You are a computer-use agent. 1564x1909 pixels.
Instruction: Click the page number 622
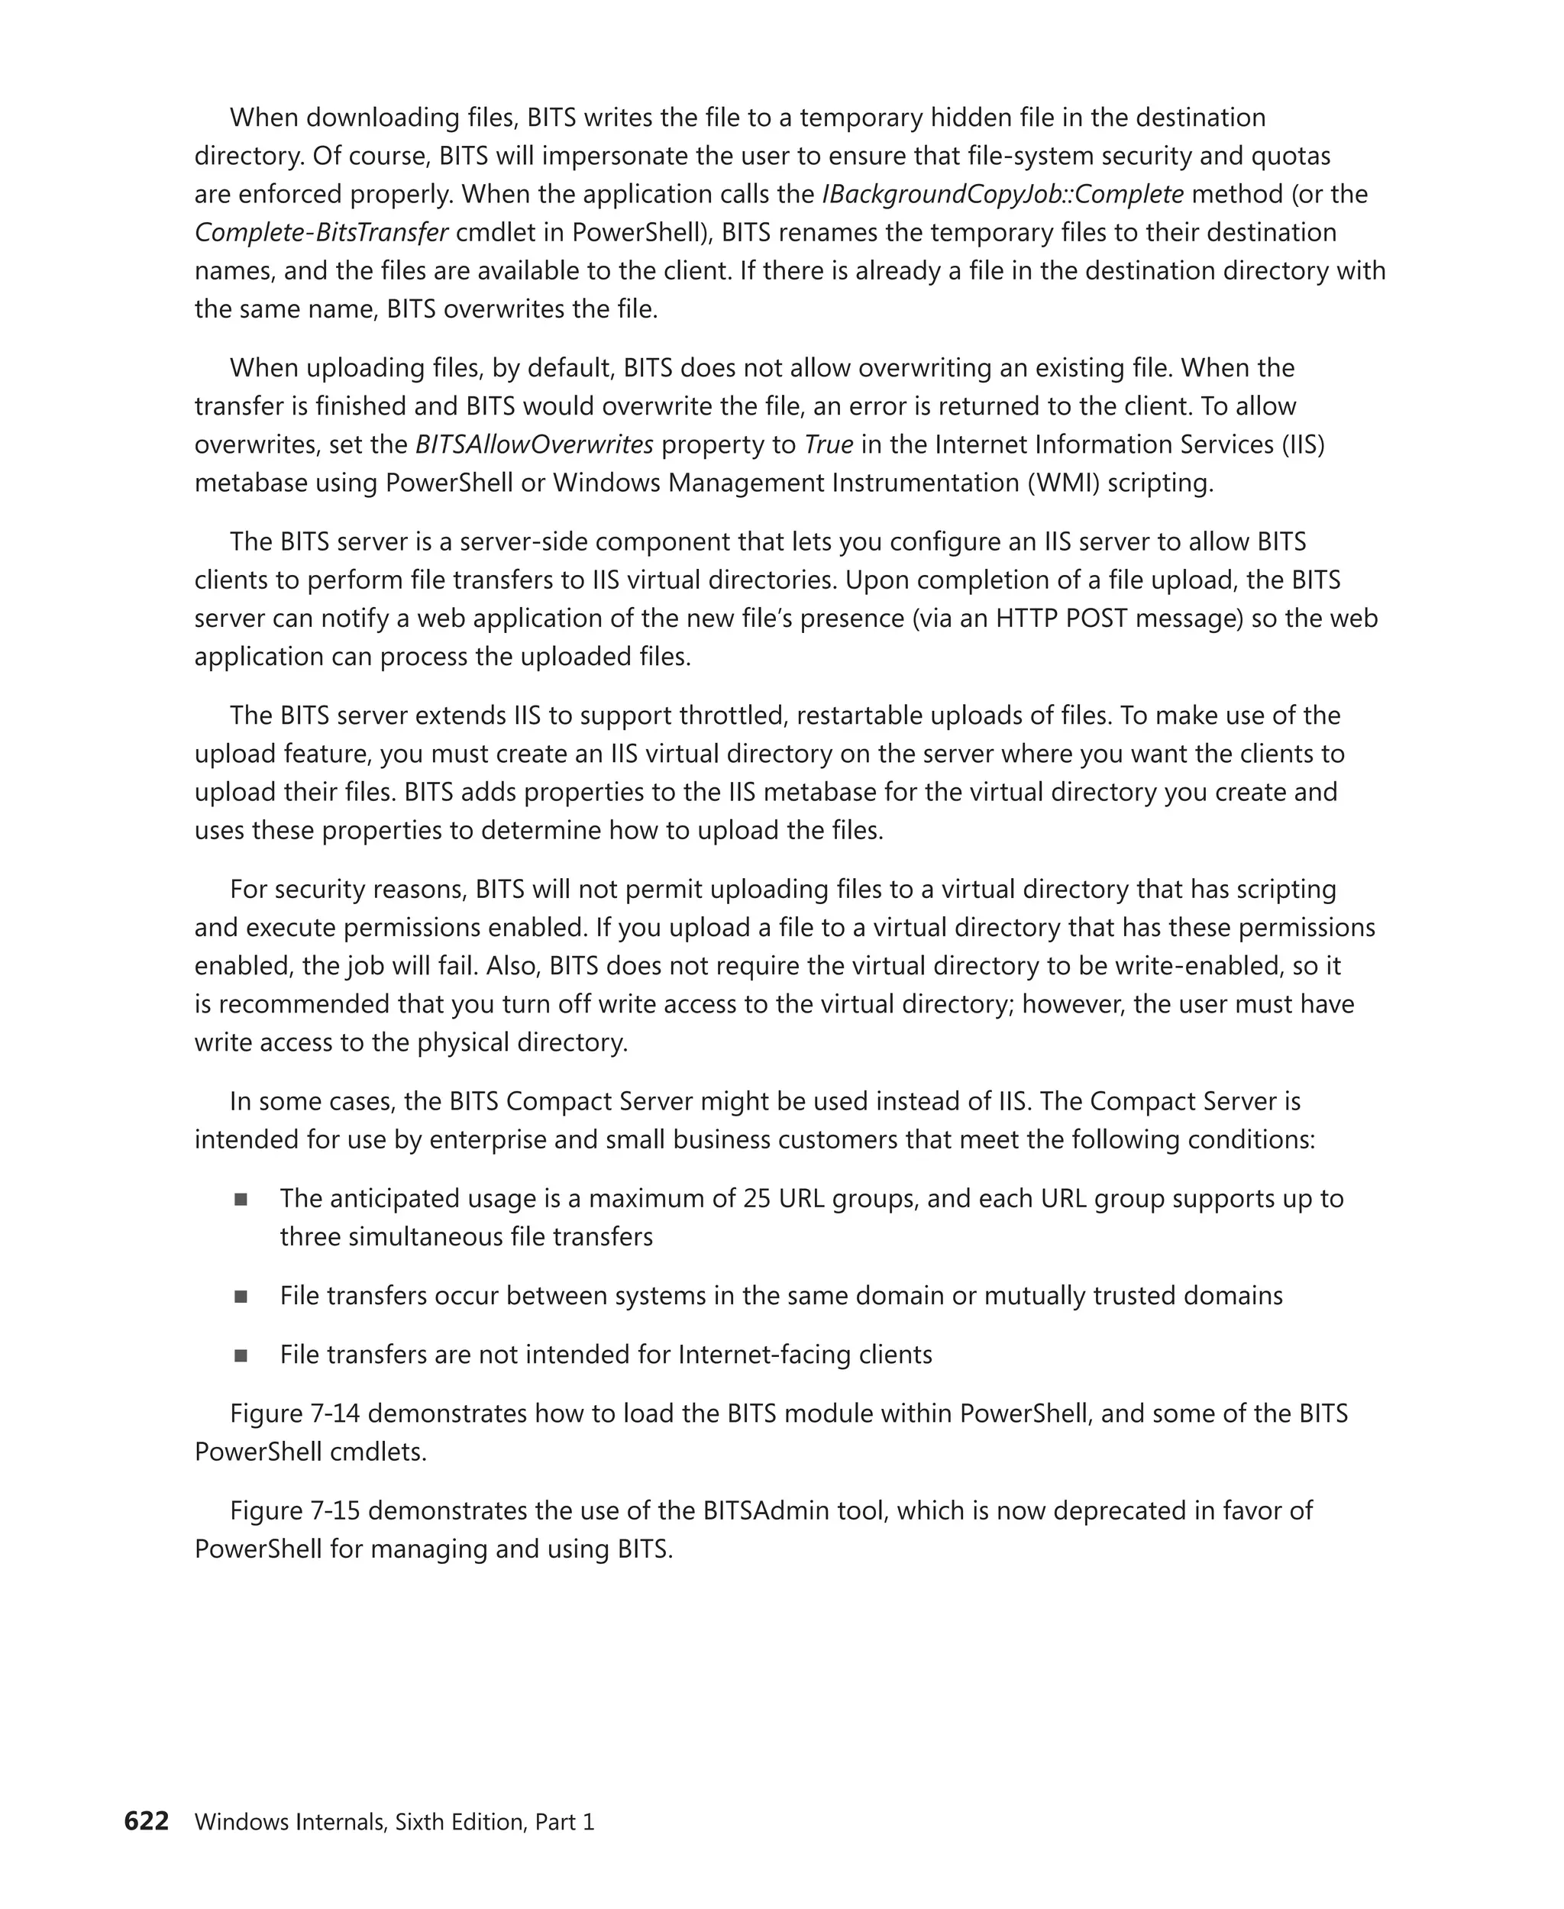pyautogui.click(x=146, y=1820)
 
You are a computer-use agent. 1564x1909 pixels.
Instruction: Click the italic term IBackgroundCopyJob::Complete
pyautogui.click(x=1003, y=195)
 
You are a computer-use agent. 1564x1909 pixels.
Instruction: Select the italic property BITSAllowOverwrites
pyautogui.click(x=535, y=445)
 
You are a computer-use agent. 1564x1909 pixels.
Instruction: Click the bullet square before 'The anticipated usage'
pyautogui.click(x=241, y=1199)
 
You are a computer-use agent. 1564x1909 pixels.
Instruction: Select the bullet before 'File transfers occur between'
pyautogui.click(x=241, y=1297)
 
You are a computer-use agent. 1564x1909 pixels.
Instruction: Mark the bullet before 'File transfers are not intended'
pyautogui.click(x=241, y=1355)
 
